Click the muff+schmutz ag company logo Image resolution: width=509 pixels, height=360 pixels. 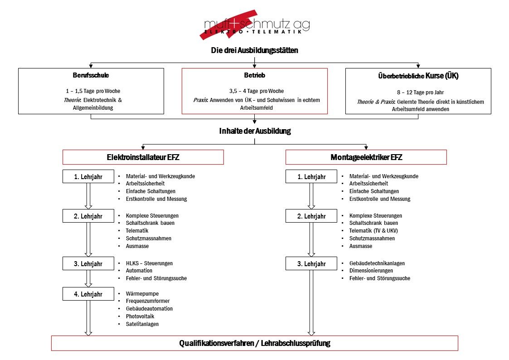tap(254, 25)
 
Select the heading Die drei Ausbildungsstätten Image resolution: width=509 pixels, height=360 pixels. tap(254, 51)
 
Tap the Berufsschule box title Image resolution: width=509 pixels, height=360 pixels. tap(91, 75)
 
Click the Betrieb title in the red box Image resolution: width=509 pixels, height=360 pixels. tap(254, 75)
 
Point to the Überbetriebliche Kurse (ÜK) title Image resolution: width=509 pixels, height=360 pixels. tap(418, 76)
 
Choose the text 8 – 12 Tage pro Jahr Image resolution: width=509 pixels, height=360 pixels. tap(418, 92)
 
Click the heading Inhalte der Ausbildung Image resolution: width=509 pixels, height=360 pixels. tap(254, 131)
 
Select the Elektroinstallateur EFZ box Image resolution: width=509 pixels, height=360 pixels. tap(143, 157)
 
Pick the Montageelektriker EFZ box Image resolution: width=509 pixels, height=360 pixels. tap(366, 157)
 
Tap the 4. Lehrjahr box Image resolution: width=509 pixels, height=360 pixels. tap(88, 294)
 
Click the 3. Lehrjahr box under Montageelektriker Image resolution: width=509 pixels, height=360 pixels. tap(311, 264)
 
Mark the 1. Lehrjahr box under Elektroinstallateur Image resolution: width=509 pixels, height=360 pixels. tap(88, 176)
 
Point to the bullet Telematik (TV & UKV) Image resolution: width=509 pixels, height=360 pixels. tap(373, 231)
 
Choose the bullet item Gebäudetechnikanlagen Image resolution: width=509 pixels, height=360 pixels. tap(377, 263)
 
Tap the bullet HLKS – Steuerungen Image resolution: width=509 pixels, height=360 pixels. tap(149, 263)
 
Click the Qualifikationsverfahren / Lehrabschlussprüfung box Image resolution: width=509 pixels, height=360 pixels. tap(254, 343)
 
